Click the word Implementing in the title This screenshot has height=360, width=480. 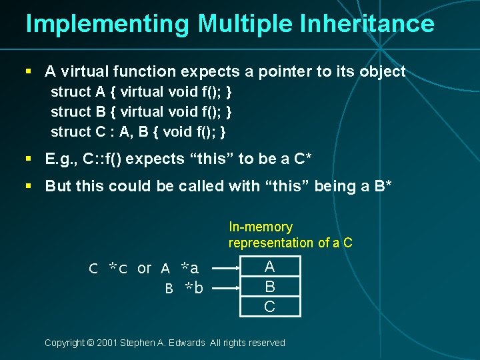[107, 23]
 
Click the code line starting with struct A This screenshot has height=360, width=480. [141, 91]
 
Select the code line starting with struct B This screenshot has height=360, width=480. [141, 111]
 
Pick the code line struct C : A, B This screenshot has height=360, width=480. [138, 131]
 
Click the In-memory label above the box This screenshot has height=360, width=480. [261, 227]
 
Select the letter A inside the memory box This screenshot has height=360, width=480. [269, 267]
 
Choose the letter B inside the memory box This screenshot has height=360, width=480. [269, 287]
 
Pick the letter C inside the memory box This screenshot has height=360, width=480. [269, 306]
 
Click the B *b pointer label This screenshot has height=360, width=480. [184, 288]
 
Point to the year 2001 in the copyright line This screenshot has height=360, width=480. [106, 343]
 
